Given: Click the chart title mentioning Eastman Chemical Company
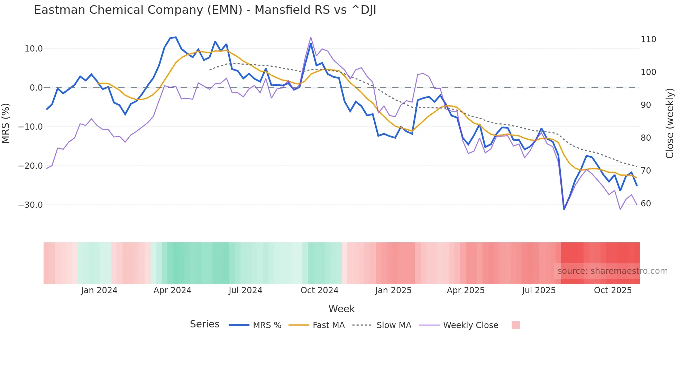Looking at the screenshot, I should (x=205, y=10).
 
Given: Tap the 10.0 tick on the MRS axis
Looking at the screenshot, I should (x=34, y=49).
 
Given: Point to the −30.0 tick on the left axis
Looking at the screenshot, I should (x=30, y=205).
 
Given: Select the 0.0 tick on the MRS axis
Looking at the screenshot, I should (x=36, y=88).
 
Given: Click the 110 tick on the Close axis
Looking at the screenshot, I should (x=648, y=39).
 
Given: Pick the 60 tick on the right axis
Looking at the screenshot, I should (x=646, y=204).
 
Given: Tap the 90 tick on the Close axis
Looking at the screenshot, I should (x=646, y=105).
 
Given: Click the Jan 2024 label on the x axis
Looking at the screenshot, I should (x=99, y=290).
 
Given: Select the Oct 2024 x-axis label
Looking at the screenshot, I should (x=319, y=290).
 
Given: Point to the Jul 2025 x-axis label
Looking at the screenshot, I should (x=539, y=290).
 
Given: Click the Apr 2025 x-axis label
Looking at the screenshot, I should (x=466, y=290).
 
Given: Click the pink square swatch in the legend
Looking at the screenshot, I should (x=515, y=325).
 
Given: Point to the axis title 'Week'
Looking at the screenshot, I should (x=341, y=309).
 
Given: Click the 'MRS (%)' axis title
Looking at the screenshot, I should (x=6, y=123).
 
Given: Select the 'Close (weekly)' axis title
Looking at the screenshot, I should (x=670, y=123).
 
